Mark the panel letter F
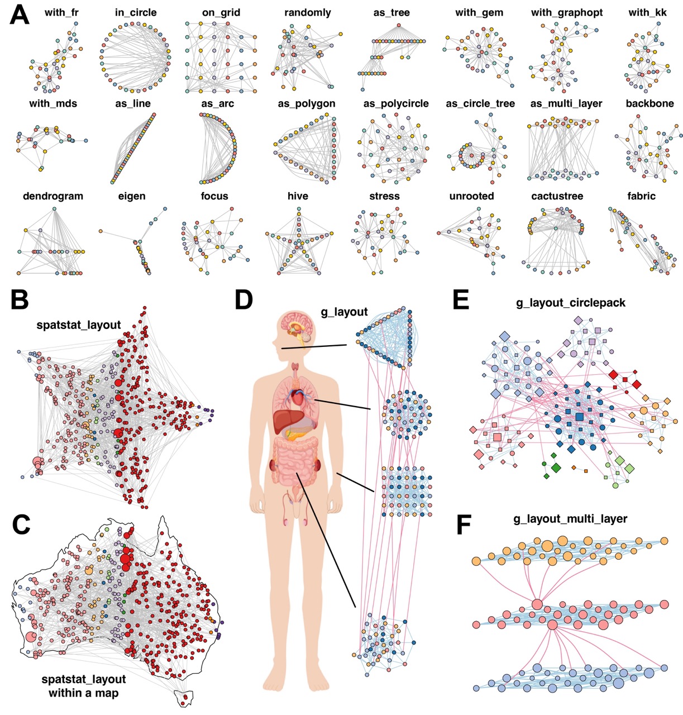tap(465, 525)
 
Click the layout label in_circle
tap(135, 12)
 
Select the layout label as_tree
tap(391, 12)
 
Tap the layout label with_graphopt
tap(566, 12)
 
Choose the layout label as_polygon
tap(307, 103)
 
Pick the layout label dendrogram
tap(53, 196)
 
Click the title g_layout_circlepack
tap(570, 303)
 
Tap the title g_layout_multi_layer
tap(570, 519)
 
